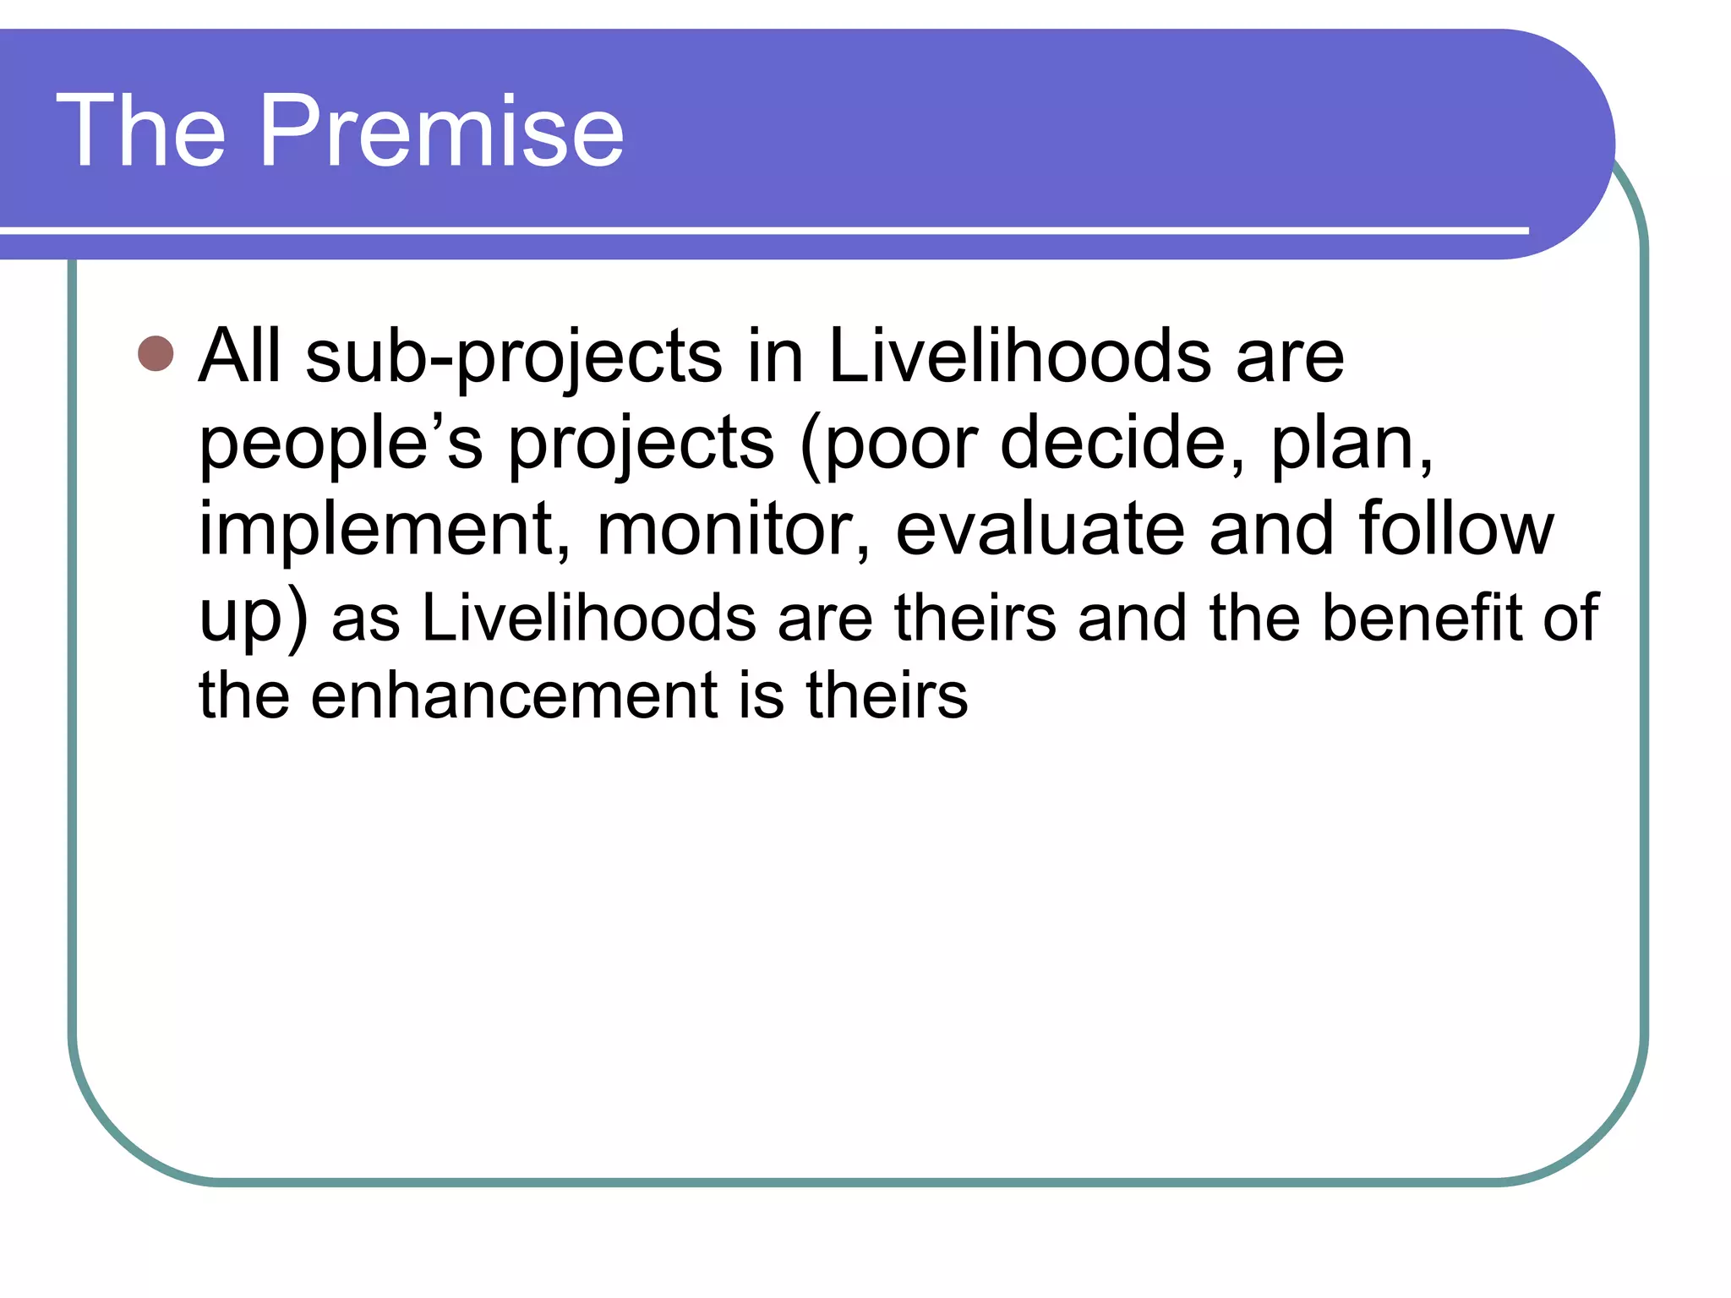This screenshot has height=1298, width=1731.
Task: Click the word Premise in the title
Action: point(441,131)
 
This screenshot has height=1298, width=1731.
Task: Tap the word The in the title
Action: point(141,131)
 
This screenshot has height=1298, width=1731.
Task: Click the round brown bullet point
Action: point(156,353)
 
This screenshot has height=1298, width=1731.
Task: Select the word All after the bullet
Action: point(239,355)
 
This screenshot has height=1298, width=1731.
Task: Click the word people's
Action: point(341,445)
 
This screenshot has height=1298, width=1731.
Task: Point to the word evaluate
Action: point(1040,529)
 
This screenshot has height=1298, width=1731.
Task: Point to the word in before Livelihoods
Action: point(775,355)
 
